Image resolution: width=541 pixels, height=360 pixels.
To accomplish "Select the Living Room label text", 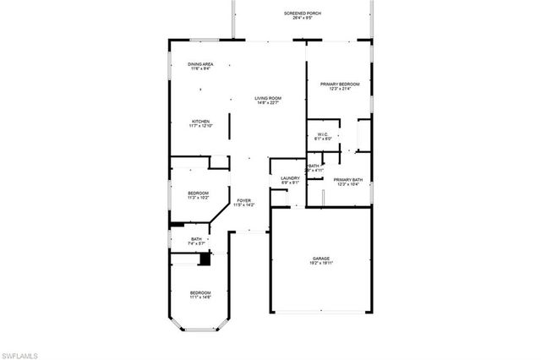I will [268, 98].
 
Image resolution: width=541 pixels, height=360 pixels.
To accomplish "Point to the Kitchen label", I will [200, 122].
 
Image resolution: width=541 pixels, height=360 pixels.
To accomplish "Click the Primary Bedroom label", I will [340, 85].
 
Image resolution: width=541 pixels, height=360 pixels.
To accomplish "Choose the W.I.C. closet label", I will [322, 134].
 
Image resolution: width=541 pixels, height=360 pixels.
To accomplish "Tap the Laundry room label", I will [291, 177].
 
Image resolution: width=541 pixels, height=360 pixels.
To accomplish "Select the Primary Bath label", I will [347, 180].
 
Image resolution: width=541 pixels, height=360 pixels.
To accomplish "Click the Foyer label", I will [243, 200].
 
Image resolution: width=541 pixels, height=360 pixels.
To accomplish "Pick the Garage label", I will [320, 259].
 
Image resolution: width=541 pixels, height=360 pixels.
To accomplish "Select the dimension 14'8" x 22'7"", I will [268, 103].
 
